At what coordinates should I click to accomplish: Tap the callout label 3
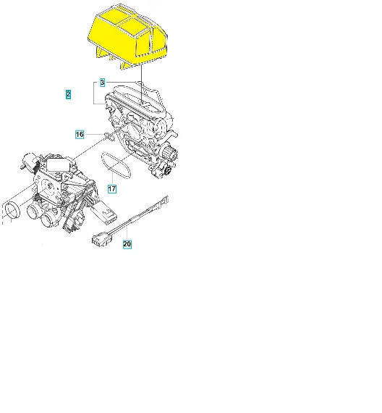[102, 83]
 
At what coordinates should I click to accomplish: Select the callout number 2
[69, 94]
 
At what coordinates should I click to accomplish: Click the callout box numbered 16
[80, 135]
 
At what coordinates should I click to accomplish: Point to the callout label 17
[112, 188]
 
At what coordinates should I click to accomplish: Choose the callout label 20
[127, 244]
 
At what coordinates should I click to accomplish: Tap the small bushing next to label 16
[109, 136]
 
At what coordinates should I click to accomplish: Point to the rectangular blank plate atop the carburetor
[57, 165]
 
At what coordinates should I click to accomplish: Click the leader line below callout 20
[127, 233]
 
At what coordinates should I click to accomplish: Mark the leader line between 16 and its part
[95, 134]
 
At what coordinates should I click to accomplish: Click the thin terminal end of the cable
[164, 201]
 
